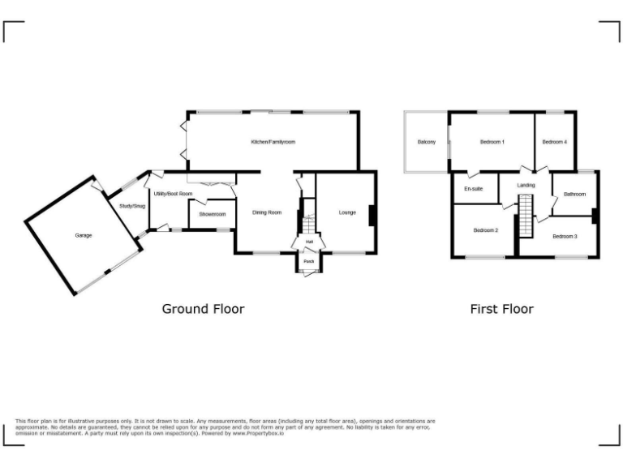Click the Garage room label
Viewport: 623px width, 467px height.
[x=84, y=235]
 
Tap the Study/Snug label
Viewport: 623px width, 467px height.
[x=131, y=206]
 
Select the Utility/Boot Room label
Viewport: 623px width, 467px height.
[x=174, y=194]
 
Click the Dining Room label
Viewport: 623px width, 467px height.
[x=267, y=212]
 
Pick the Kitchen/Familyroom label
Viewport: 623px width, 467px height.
[x=273, y=142]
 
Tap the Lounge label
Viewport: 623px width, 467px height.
[x=347, y=212]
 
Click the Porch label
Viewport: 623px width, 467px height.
[x=308, y=261]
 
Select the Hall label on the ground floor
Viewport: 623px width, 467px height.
[x=309, y=242]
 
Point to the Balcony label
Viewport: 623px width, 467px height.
[x=427, y=143]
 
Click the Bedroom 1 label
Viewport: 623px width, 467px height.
[x=492, y=143]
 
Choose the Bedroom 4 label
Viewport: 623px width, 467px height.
[x=554, y=143]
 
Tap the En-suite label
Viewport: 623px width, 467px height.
[x=474, y=189]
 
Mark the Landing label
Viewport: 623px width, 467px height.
[x=526, y=186]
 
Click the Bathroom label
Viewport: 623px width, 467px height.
[x=574, y=194]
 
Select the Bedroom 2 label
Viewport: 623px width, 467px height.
[x=485, y=230]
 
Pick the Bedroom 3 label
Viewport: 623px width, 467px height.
[x=565, y=236]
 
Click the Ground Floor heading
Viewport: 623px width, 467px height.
[x=203, y=309]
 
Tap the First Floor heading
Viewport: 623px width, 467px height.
[x=502, y=309]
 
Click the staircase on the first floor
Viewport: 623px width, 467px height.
[x=524, y=217]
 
